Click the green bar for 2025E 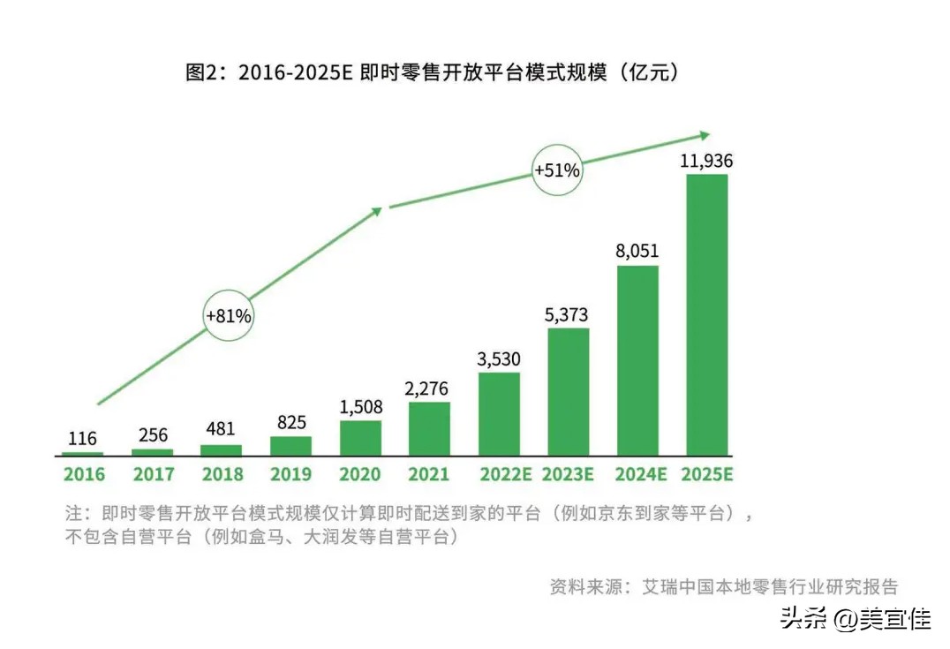point(706,313)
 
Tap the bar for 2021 point(429,428)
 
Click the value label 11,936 point(706,161)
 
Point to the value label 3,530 point(499,358)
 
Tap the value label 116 point(83,438)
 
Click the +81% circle point(229,315)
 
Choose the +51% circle point(556,170)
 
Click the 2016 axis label point(83,474)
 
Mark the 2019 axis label point(290,474)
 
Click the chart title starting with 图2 point(432,72)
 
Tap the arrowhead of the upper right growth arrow point(705,135)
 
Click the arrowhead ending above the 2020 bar point(377,211)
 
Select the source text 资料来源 point(584,586)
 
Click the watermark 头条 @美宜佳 point(855,619)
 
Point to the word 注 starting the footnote point(73,513)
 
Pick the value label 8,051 point(637,251)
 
